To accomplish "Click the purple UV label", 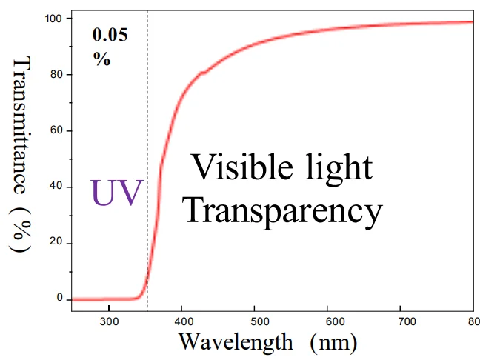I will [116, 192].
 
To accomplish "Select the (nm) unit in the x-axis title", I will [333, 343].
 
